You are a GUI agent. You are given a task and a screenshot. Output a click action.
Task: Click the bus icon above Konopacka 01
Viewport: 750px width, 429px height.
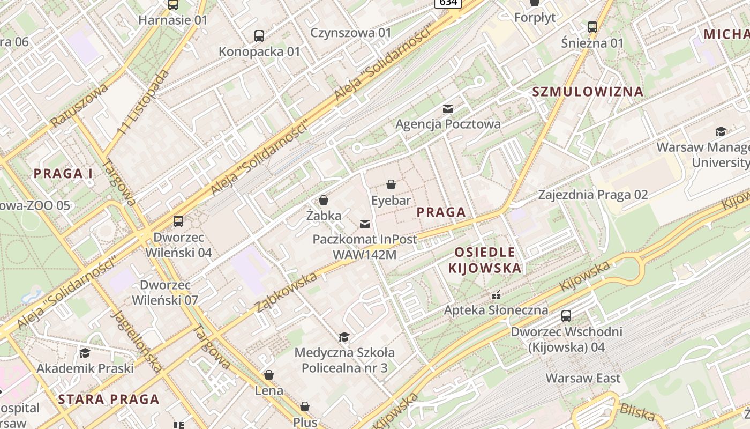[x=259, y=36]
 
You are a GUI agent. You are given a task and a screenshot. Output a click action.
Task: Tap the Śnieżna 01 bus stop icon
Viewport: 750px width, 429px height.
[x=592, y=27]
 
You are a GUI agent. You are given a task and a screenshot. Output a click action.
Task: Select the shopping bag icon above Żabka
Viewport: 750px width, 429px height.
[x=324, y=200]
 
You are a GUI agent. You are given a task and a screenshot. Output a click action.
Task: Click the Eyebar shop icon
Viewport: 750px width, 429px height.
[x=391, y=184]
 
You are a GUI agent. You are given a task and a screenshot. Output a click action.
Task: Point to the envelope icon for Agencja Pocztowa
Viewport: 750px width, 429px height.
[x=448, y=109]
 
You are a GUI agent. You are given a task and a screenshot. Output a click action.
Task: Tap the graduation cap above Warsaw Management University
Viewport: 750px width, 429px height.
[x=721, y=131]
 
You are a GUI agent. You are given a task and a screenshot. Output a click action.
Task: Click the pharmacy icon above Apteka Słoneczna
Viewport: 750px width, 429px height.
[x=496, y=294]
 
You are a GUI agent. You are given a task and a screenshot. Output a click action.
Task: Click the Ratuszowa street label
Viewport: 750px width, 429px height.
[x=79, y=105]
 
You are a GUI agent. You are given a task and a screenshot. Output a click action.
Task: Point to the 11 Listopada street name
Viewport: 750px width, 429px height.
[x=143, y=101]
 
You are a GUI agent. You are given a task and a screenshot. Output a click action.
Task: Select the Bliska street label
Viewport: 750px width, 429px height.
[x=637, y=412]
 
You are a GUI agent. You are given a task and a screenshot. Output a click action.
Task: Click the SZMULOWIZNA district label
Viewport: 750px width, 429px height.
[x=587, y=92]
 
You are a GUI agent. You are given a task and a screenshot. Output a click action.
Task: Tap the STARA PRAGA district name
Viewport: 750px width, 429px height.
[x=109, y=399]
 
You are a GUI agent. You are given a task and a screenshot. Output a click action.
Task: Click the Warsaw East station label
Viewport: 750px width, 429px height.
[x=583, y=378]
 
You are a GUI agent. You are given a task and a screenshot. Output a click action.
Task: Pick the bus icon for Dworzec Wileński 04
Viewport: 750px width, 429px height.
[x=178, y=221]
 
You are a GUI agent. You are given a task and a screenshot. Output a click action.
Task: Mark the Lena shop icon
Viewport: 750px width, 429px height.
[x=269, y=375]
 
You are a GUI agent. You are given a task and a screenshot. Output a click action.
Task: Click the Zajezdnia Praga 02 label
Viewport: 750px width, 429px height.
[x=593, y=195]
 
